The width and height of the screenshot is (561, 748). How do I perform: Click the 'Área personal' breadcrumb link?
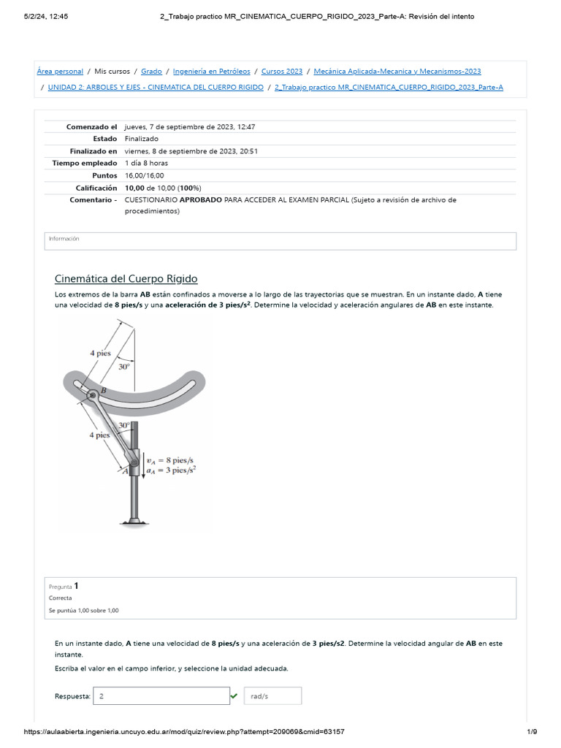pyautogui.click(x=60, y=72)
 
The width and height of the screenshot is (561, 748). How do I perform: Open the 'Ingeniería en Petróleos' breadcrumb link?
pyautogui.click(x=211, y=72)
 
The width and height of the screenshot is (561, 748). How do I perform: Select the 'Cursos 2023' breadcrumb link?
pyautogui.click(x=281, y=72)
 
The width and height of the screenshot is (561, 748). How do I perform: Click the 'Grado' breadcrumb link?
pyautogui.click(x=151, y=72)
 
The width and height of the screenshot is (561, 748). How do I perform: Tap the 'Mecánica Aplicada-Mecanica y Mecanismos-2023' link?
pyautogui.click(x=397, y=72)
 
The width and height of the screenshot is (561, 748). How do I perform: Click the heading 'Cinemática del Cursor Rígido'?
pyautogui.click(x=126, y=279)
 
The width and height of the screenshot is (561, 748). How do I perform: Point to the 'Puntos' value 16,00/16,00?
pyautogui.click(x=144, y=175)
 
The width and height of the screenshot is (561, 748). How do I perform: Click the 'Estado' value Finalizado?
pyautogui.click(x=141, y=139)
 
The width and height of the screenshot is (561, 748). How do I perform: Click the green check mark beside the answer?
pyautogui.click(x=234, y=696)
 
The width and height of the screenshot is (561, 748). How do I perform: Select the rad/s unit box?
pyautogui.click(x=272, y=696)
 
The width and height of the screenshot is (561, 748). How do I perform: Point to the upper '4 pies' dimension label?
pyautogui.click(x=100, y=353)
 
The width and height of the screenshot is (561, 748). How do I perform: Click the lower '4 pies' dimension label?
pyautogui.click(x=99, y=435)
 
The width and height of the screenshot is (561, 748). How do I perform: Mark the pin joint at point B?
pyautogui.click(x=93, y=395)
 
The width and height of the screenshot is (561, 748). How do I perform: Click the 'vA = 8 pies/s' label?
pyautogui.click(x=169, y=460)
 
